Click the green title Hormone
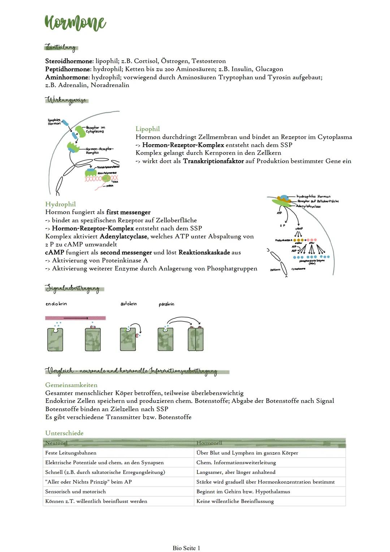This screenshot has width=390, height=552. pos(75,23)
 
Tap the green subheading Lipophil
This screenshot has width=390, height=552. pos(147,129)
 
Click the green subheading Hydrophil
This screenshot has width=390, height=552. pos(60,204)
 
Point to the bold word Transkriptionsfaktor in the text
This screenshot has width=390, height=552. pos(213,161)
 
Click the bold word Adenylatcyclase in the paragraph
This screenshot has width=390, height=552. pos(123,236)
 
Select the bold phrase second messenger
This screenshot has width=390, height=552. pos(126,252)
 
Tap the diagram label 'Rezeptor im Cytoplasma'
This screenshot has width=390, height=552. pos(95,130)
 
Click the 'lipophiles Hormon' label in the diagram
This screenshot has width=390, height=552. pos(54,122)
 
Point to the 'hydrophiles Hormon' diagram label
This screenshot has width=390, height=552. pos(313,197)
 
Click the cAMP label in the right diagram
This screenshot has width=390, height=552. pos(299,228)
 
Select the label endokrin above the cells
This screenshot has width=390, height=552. pos(56,304)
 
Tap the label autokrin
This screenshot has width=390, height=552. pos(129,304)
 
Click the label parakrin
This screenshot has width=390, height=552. pos(166,304)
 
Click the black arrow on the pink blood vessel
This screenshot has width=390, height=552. pos(76,318)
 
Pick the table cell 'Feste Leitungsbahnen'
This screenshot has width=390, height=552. pos(70,453)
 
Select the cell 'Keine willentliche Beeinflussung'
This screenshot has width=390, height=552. pos(235,501)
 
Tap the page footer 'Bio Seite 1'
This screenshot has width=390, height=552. pos(186,548)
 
